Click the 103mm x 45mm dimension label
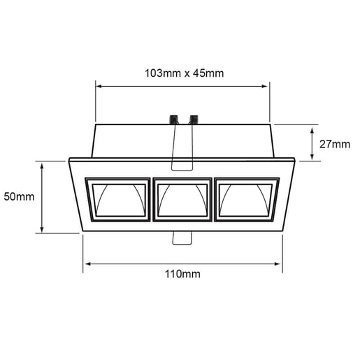point(184,73)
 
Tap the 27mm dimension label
point(335,144)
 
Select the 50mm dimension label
point(19,196)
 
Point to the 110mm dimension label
point(182,274)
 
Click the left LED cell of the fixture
point(118,200)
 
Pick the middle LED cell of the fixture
point(182,200)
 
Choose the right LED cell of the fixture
point(247,200)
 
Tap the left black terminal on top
point(173,120)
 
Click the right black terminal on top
point(194,120)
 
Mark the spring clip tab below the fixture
point(182,238)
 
